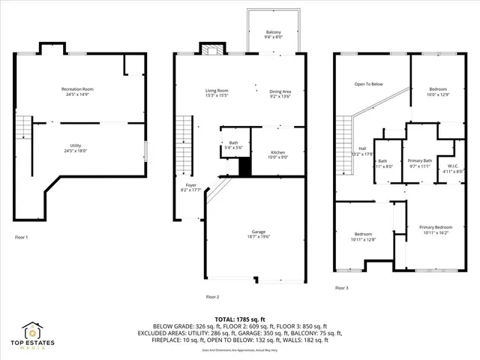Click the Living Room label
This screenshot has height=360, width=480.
(217, 91)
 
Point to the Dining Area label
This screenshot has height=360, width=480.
(281, 91)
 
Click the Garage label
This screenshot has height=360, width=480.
(258, 232)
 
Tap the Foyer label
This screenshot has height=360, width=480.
(192, 184)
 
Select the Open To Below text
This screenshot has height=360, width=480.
(369, 84)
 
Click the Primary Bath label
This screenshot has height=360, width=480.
(420, 161)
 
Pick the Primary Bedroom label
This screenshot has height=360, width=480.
(436, 227)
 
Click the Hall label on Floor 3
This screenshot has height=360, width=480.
(362, 148)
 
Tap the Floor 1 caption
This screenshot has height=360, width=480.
(22, 237)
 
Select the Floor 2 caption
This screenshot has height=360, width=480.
(213, 296)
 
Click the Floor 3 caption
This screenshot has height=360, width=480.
(342, 287)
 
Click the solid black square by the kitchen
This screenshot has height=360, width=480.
(244, 168)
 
